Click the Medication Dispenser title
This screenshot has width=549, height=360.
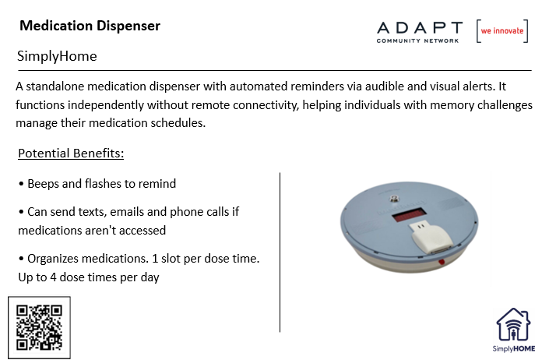pyautogui.click(x=90, y=26)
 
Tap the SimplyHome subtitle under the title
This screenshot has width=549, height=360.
pyautogui.click(x=57, y=56)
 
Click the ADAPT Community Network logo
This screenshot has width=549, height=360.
pyautogui.click(x=420, y=32)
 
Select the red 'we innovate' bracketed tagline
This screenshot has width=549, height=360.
pyautogui.click(x=502, y=31)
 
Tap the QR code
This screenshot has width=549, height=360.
pyautogui.click(x=39, y=328)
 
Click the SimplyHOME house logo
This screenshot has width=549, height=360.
pyautogui.click(x=514, y=330)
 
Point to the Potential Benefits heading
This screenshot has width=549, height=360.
pyautogui.click(x=71, y=154)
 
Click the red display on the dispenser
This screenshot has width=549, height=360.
pyautogui.click(x=409, y=215)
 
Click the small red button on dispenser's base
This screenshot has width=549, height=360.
pyautogui.click(x=442, y=262)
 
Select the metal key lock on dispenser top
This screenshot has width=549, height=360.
pyautogui.click(x=395, y=199)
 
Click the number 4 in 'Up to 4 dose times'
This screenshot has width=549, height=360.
pyautogui.click(x=53, y=277)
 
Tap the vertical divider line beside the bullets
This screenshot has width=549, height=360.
pyautogui.click(x=280, y=252)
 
